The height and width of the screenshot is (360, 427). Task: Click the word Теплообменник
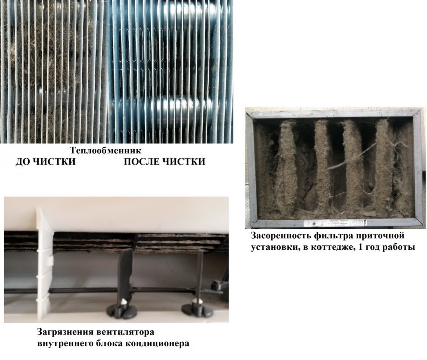[x=106, y=151]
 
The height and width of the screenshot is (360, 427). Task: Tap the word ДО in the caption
[x=23, y=162]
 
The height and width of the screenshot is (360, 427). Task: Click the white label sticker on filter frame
[x=335, y=223]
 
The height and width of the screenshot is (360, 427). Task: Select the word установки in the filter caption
[x=273, y=248]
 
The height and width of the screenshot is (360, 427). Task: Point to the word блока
[x=109, y=343]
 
